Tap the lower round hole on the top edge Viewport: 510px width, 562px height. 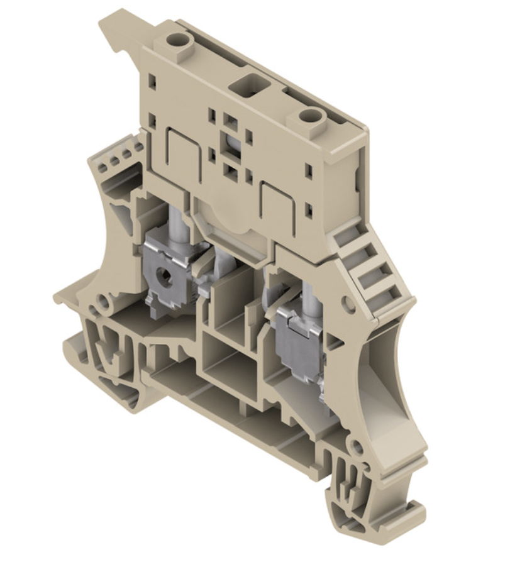(x=309, y=116)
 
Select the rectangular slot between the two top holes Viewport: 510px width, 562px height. (x=243, y=84)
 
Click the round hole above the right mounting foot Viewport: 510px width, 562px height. (x=357, y=448)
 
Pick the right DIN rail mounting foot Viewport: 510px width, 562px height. (x=350, y=503)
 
